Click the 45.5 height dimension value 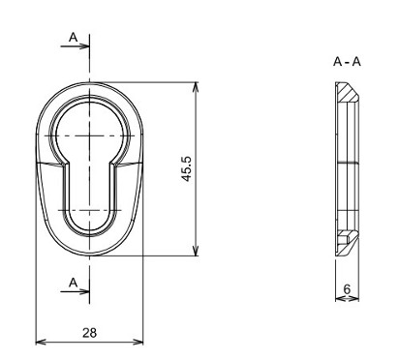pos(187,168)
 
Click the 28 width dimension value pos(89,333)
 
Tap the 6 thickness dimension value pos(347,289)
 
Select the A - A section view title pos(347,61)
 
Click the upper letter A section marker pos(74,38)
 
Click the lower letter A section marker pos(74,283)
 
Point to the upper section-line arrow pos(75,46)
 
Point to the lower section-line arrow pos(75,291)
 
